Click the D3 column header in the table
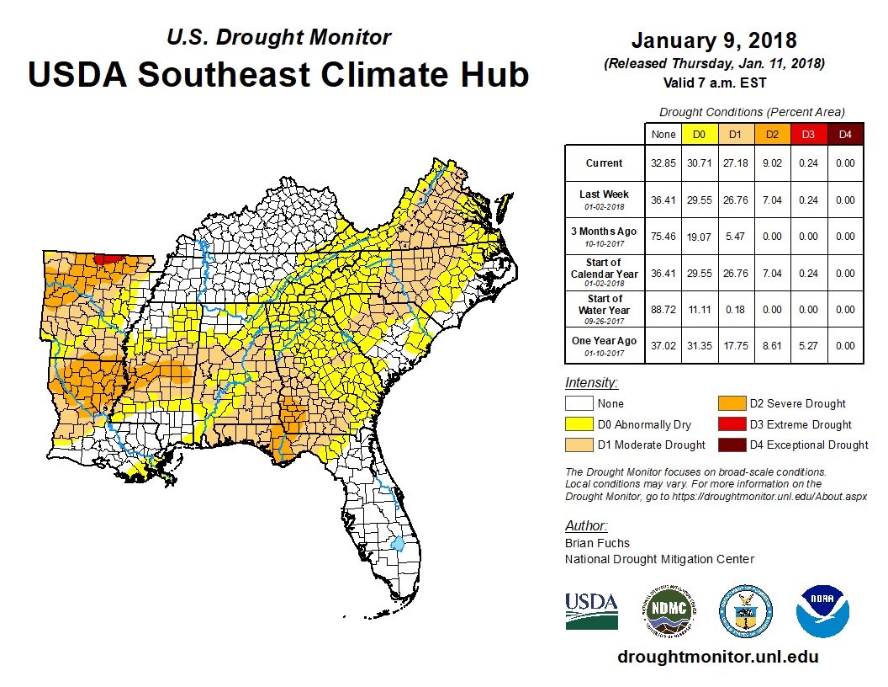pos(806,134)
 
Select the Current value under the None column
pos(663,163)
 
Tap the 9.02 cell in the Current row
pos(771,163)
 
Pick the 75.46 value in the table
pos(663,237)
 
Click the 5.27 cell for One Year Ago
pos(806,345)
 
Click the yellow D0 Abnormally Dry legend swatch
pos(579,424)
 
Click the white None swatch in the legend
pos(579,404)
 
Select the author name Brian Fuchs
pos(597,543)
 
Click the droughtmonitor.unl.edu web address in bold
pos(717,657)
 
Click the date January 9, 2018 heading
pos(714,40)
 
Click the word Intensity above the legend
pos(592,383)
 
